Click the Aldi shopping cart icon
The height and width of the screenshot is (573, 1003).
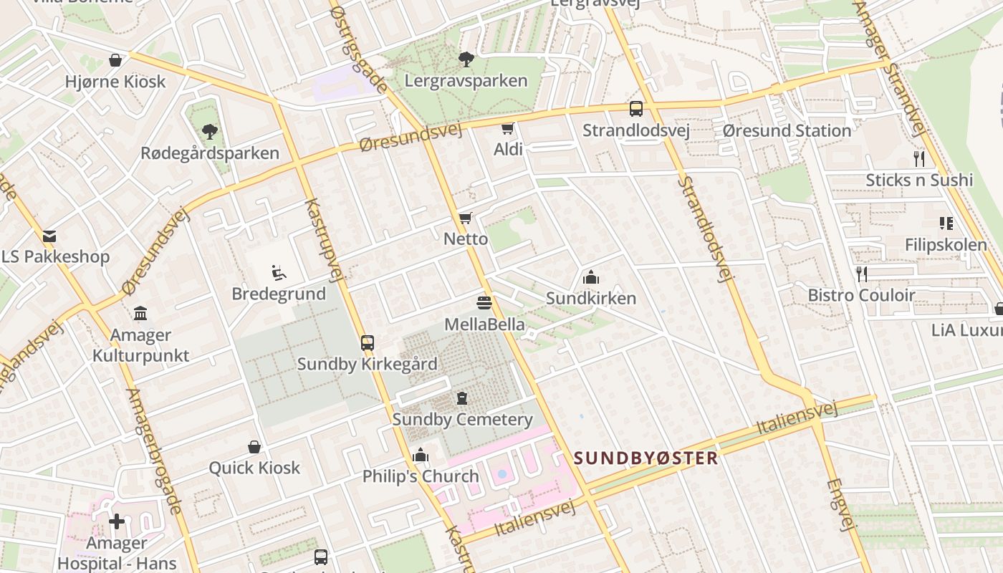[x=508, y=129]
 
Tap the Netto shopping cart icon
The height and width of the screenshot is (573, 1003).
[x=466, y=218]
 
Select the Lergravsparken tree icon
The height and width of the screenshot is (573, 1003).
[x=466, y=59]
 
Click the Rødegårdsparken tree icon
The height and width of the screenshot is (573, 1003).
[x=209, y=132]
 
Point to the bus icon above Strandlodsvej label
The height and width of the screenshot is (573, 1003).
[x=636, y=109]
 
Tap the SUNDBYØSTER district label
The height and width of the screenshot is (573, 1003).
[x=646, y=458]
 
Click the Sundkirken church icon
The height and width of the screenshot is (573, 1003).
[x=591, y=277]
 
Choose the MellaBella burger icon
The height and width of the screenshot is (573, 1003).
[x=484, y=303]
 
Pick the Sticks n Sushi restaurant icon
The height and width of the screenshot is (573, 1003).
[x=919, y=158]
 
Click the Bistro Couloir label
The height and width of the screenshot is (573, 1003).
[x=861, y=295]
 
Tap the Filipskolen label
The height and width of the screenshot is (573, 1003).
[x=946, y=245]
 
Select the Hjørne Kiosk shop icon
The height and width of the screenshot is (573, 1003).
[x=115, y=60]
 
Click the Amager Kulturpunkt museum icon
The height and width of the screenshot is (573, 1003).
[x=140, y=314]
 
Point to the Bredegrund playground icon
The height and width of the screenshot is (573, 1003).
[x=279, y=272]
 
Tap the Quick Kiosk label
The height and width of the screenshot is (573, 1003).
[x=254, y=468]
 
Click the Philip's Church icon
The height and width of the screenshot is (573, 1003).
[x=421, y=455]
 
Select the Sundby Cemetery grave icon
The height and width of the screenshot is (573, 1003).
[x=462, y=398]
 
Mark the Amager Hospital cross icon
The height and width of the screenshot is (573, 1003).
[x=117, y=521]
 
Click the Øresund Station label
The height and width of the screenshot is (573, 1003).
[x=787, y=130]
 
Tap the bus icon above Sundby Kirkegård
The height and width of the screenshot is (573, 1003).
[x=368, y=342]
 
